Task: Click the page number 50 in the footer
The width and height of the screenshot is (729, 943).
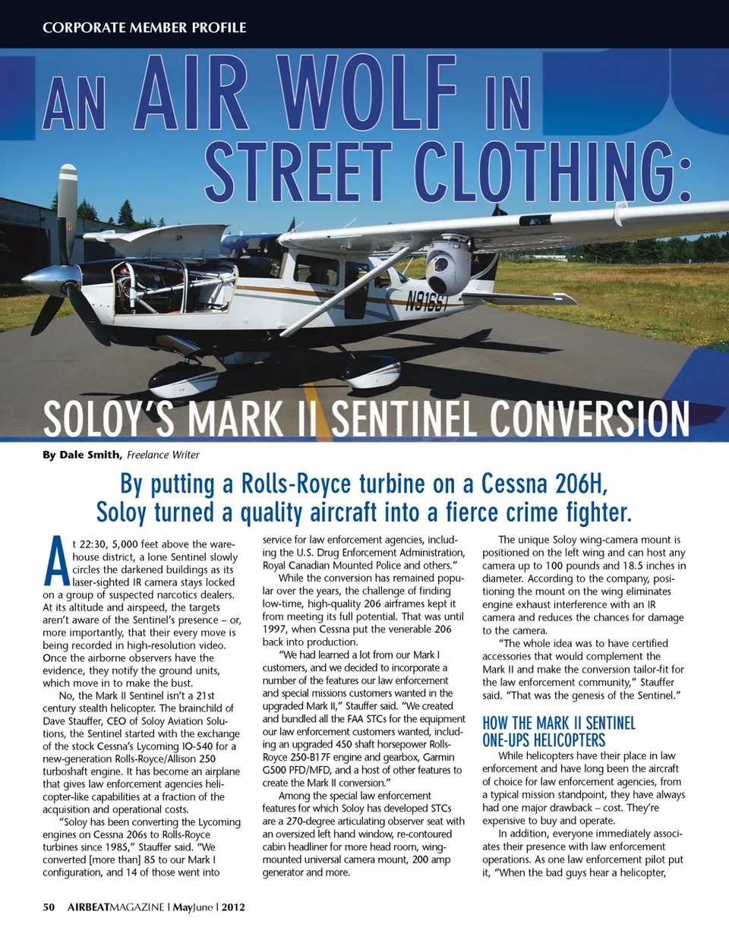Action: coord(49,907)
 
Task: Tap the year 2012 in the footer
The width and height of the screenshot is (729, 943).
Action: coord(233,907)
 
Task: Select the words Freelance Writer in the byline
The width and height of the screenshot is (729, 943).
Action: coord(163,455)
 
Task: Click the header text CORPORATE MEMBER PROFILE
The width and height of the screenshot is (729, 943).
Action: coord(144,27)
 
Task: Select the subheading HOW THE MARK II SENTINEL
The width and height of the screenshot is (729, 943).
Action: coord(559,723)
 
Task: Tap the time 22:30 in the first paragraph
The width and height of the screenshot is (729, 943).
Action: coord(93,544)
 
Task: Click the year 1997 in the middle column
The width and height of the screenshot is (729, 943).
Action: coord(276,629)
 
